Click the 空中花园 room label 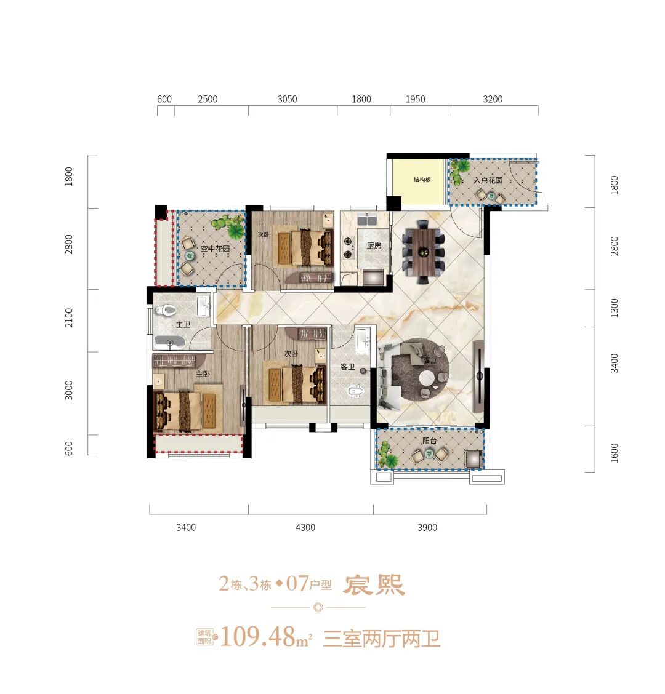pyautogui.click(x=215, y=249)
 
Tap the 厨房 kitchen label pyautogui.click(x=374, y=245)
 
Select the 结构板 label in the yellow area pyautogui.click(x=422, y=180)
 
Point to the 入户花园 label pyautogui.click(x=488, y=181)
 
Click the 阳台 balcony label pyautogui.click(x=430, y=441)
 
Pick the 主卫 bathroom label pyautogui.click(x=183, y=324)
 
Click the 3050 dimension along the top pyautogui.click(x=287, y=99)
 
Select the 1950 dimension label pyautogui.click(x=416, y=99)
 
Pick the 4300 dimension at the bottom pyautogui.click(x=305, y=527)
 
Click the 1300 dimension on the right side pyautogui.click(x=615, y=308)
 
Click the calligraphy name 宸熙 pyautogui.click(x=374, y=585)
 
